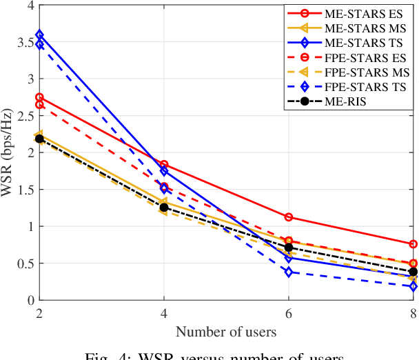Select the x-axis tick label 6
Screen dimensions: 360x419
[x=289, y=314]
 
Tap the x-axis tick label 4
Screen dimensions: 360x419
[x=164, y=314]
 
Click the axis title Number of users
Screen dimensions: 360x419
[x=226, y=332]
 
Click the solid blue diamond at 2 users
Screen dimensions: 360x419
[x=39, y=34]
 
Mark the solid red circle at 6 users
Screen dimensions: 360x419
[x=289, y=217]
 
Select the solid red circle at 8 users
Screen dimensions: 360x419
[x=413, y=244]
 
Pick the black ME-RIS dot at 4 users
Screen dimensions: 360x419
[x=164, y=207]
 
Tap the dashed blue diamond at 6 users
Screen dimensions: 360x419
[x=289, y=272]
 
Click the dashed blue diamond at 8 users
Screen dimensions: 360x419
[x=413, y=286]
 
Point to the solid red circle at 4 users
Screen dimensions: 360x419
[x=164, y=165]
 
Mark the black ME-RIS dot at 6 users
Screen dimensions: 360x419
[x=289, y=248]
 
